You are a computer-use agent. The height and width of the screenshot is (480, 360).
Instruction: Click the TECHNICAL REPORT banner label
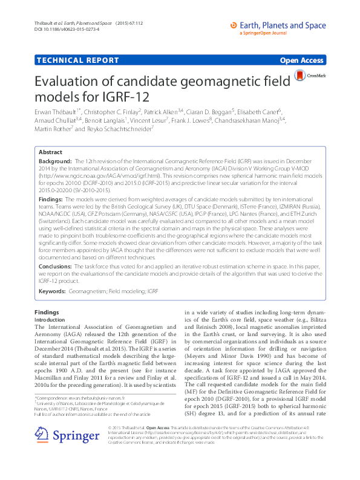click(77, 60)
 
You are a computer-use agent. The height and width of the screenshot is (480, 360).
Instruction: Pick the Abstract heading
click(51, 152)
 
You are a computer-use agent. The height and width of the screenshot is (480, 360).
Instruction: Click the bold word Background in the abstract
click(54, 163)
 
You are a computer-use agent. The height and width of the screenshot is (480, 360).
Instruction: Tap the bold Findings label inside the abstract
click(51, 198)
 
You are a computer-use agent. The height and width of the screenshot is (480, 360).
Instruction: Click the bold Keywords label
click(53, 291)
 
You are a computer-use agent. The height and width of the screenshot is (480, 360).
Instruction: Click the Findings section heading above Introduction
click(47, 312)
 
